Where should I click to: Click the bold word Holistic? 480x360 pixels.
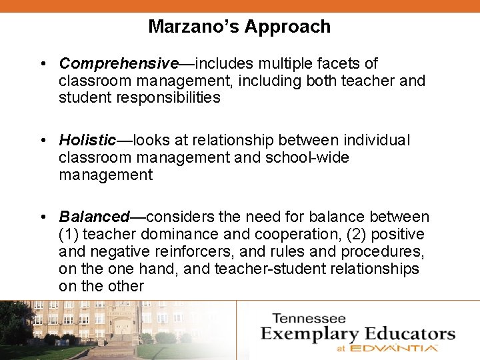(87, 141)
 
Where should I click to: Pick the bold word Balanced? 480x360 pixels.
(94, 217)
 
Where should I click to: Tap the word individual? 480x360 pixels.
(377, 141)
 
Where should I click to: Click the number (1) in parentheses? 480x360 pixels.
(67, 235)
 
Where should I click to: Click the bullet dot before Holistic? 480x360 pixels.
(42, 141)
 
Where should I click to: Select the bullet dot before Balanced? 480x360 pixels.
(42, 217)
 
